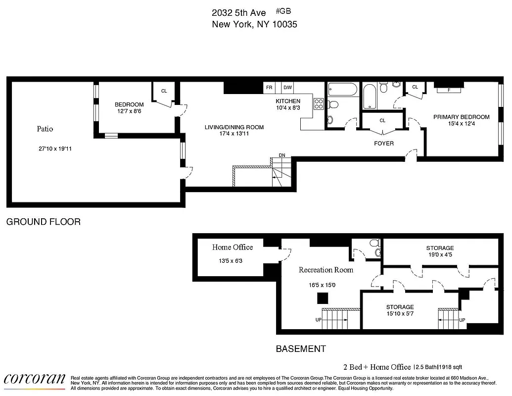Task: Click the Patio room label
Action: click(x=45, y=129)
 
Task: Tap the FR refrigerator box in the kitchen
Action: click(x=270, y=88)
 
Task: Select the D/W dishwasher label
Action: click(x=287, y=88)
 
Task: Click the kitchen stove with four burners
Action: click(x=319, y=104)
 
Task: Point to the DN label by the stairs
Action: click(x=282, y=155)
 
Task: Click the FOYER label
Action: click(x=383, y=144)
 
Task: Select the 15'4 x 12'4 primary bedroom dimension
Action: click(x=461, y=124)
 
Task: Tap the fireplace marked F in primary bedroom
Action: click(x=449, y=90)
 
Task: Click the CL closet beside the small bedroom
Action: click(x=164, y=91)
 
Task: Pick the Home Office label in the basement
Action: click(x=233, y=247)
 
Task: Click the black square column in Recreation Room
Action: click(x=323, y=298)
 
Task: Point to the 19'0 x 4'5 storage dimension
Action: click(x=440, y=255)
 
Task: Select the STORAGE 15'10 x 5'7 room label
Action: click(x=400, y=307)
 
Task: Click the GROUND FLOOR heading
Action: click(x=43, y=222)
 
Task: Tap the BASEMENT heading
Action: click(x=301, y=348)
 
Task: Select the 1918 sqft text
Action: click(x=448, y=367)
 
